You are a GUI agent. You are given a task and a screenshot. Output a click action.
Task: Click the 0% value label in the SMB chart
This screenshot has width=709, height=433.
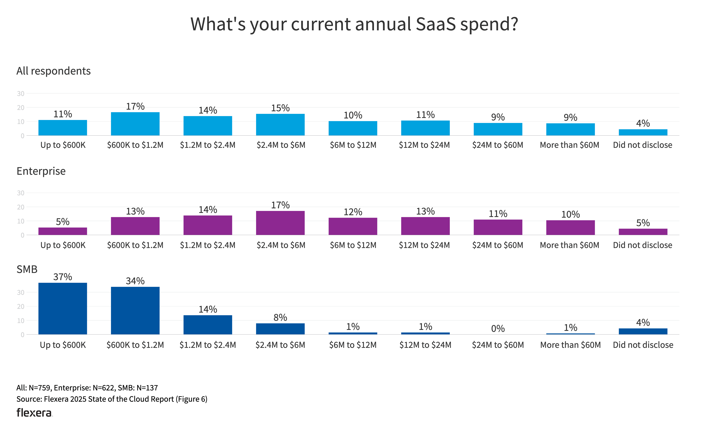498,328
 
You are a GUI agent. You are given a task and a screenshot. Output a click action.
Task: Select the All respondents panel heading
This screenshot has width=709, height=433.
53,71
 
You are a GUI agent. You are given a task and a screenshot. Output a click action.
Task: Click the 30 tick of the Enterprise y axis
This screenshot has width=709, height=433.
21,193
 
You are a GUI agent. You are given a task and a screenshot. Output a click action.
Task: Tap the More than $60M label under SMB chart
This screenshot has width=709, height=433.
570,345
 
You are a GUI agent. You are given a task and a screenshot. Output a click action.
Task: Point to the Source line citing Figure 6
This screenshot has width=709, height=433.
112,399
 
